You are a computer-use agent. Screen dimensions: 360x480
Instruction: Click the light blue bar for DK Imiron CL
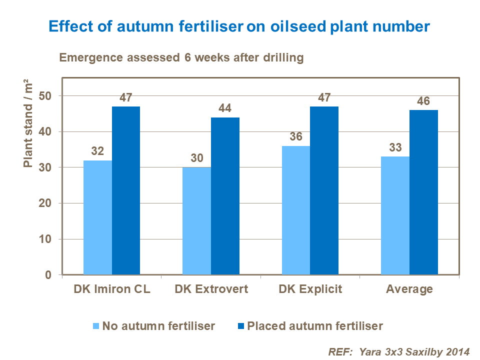click(97, 217)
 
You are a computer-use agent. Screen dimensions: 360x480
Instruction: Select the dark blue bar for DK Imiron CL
click(125, 190)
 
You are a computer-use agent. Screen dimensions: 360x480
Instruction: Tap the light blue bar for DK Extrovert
click(196, 221)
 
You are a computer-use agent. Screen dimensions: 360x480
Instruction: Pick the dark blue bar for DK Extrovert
click(225, 196)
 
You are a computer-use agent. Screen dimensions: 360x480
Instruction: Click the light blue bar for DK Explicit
click(295, 210)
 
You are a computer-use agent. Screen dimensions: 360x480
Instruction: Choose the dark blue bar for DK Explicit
click(324, 190)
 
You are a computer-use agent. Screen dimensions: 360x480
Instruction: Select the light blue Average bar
click(395, 215)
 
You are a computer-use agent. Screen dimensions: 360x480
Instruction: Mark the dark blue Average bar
click(423, 192)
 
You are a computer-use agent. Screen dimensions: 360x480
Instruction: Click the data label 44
click(225, 108)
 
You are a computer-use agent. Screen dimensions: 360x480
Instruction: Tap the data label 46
click(423, 101)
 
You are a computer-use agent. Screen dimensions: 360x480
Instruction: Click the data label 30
click(196, 158)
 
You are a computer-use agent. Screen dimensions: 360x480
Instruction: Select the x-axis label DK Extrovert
click(211, 289)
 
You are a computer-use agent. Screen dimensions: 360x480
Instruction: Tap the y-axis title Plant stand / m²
click(29, 124)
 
